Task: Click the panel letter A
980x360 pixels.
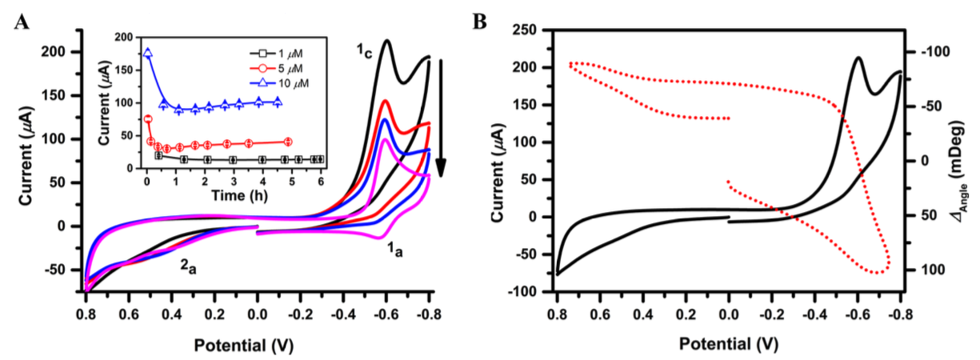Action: (22, 22)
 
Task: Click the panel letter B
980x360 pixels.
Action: (480, 22)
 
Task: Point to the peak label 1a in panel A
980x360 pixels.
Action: (397, 251)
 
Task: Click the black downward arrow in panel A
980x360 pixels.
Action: (440, 120)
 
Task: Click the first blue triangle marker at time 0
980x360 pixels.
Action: (147, 54)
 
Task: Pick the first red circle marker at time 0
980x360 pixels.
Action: (148, 119)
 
